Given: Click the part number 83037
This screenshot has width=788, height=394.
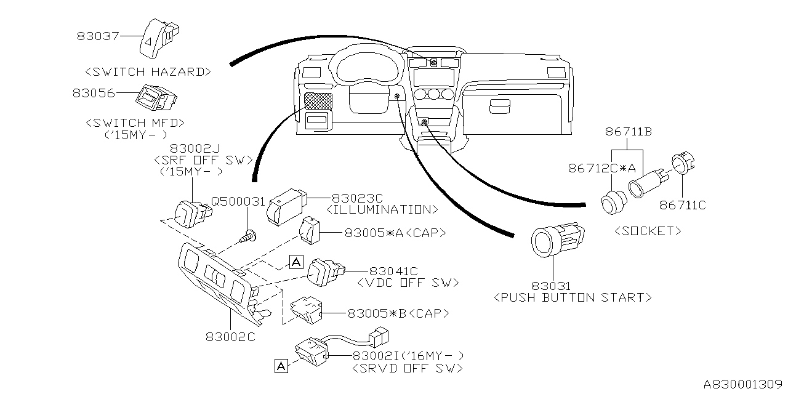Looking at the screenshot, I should click(98, 36).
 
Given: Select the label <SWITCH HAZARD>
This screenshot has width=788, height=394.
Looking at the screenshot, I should click(148, 71).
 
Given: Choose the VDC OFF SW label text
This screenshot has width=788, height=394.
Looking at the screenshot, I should click(408, 283).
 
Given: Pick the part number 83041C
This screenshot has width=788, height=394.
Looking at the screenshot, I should click(393, 270).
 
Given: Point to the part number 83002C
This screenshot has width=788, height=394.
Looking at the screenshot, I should click(230, 336).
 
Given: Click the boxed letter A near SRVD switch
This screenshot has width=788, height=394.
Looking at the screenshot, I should click(281, 367).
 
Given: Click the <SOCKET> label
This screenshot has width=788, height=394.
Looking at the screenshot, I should click(648, 231).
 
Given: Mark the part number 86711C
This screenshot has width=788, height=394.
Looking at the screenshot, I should click(683, 204).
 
